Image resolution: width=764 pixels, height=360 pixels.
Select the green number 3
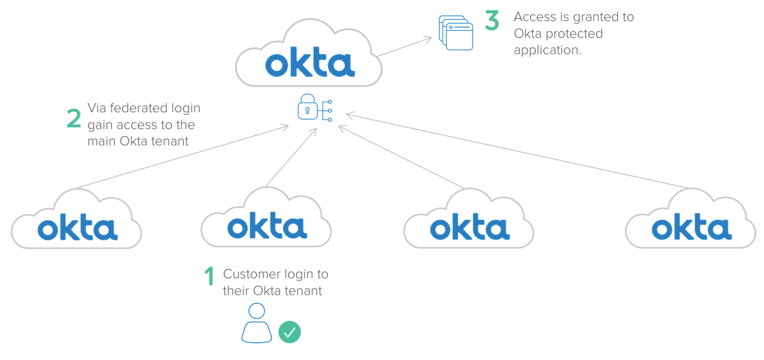[492, 21]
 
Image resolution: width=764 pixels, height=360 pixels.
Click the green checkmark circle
[289, 332]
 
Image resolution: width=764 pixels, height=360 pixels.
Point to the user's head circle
[257, 311]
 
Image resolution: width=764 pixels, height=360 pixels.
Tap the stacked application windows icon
[456, 33]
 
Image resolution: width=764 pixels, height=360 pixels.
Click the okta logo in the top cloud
[310, 62]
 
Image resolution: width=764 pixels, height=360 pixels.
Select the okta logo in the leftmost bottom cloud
[77, 228]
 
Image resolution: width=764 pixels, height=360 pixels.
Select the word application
[547, 50]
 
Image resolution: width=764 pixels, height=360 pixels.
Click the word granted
[589, 17]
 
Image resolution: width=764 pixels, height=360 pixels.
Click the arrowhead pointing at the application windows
[428, 39]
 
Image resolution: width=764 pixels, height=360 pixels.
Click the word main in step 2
[102, 141]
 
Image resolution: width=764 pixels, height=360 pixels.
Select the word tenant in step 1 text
[303, 291]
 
